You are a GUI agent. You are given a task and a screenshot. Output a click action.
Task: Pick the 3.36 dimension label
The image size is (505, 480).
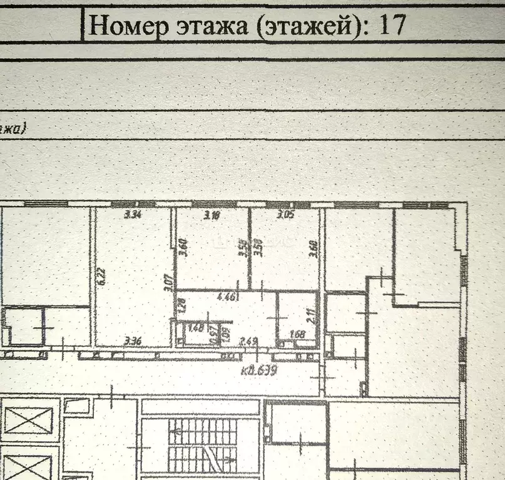pos(132,341)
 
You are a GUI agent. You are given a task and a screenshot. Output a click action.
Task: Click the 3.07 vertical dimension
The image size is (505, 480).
pos(168,285)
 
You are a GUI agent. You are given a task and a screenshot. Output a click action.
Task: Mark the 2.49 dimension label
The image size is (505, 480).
pos(248,341)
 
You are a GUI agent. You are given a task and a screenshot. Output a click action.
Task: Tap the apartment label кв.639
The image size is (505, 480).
pos(259,369)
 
